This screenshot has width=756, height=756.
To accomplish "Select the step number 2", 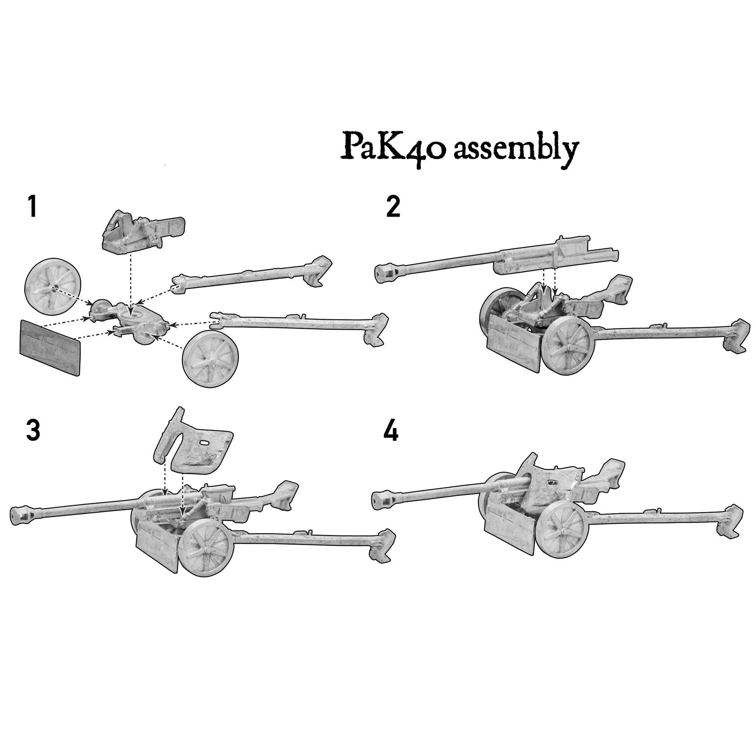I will (393, 207).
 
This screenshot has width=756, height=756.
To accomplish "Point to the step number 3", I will (33, 431).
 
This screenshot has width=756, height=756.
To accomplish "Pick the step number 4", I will (391, 432).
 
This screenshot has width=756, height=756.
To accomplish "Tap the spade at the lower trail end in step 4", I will (730, 520).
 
